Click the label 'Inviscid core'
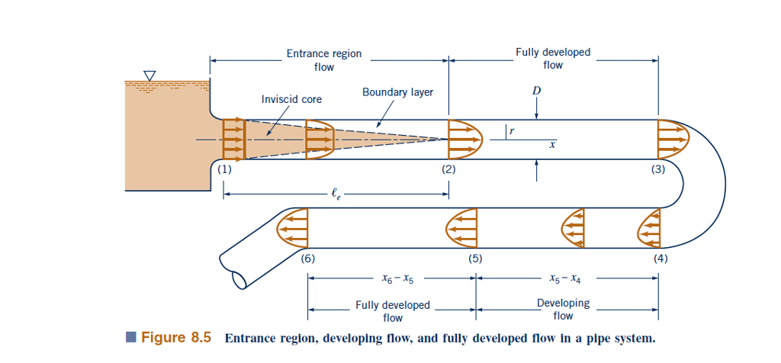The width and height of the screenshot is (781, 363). [291, 99]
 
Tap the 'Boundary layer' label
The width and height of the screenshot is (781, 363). [397, 92]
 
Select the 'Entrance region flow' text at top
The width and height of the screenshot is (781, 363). [324, 60]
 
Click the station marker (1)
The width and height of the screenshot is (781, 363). [223, 170]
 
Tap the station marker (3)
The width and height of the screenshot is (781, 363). [658, 170]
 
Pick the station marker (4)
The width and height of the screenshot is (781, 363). [660, 258]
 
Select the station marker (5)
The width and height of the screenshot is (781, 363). [476, 258]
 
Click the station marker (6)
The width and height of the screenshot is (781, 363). [307, 258]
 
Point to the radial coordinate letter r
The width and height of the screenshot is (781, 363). [512, 132]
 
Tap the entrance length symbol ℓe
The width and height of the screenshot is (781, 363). [336, 195]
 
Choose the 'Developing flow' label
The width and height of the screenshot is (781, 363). [563, 309]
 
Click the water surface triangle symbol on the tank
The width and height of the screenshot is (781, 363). [149, 75]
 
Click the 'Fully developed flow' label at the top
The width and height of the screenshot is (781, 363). [553, 59]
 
